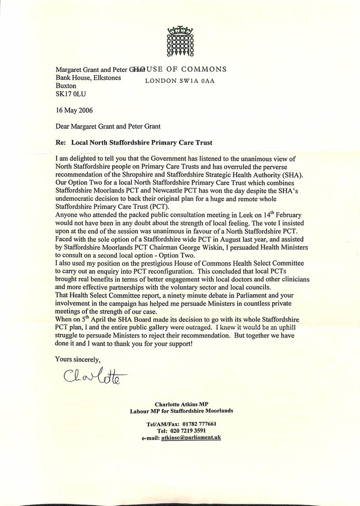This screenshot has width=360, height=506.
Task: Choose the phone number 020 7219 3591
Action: coord(189,430)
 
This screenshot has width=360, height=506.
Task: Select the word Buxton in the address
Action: coord(65,86)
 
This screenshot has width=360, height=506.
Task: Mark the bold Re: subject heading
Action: coord(134,142)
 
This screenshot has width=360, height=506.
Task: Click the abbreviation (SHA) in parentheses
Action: coord(293,175)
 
